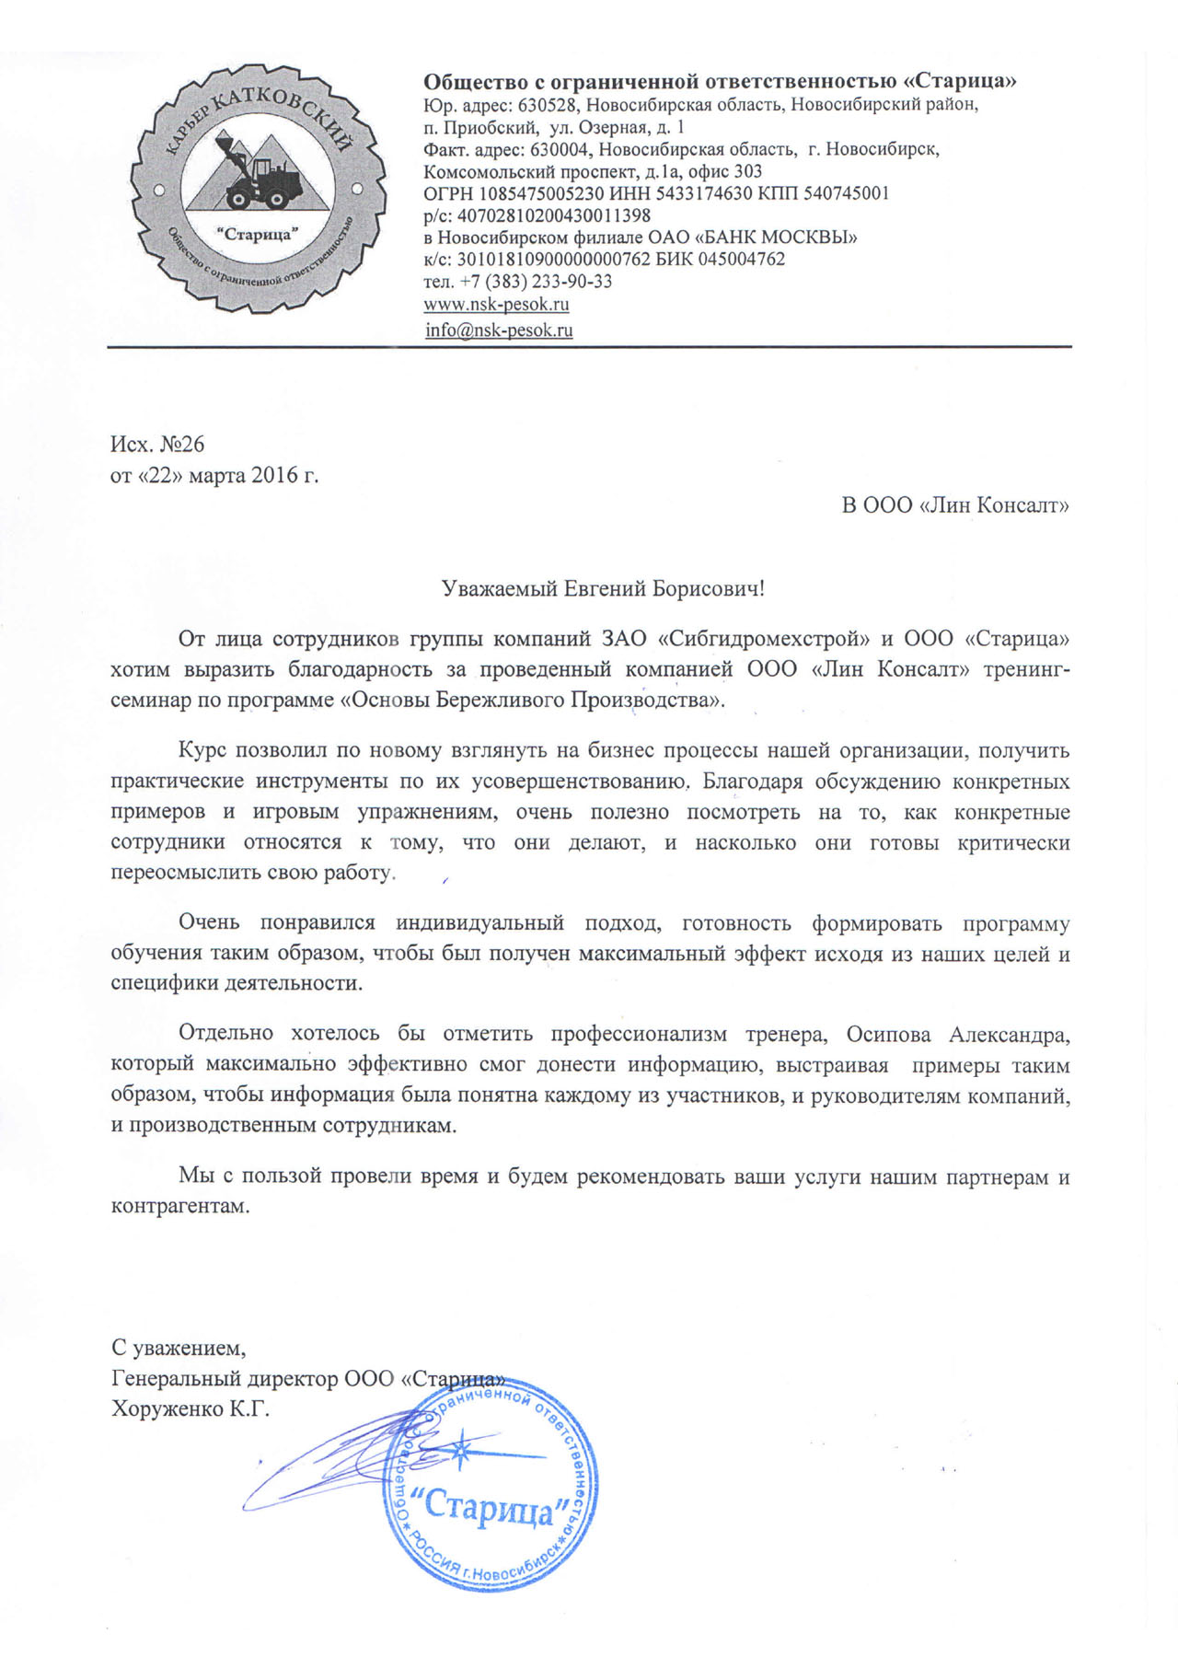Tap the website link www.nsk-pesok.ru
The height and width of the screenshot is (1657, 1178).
496,304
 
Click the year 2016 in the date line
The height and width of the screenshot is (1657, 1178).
275,475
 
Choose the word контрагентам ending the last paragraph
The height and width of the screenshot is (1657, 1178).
179,1206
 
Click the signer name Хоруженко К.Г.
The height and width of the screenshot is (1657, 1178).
191,1409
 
